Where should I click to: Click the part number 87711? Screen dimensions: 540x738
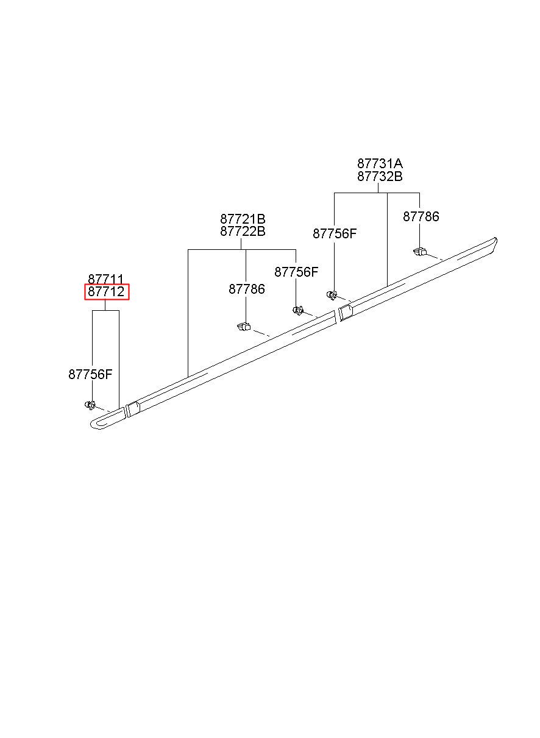point(106,279)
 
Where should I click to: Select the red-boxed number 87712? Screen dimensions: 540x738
point(106,291)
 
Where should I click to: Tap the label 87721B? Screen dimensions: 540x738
point(243,219)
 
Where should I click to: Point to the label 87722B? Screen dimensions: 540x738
point(243,232)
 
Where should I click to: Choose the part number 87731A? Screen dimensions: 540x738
point(380,164)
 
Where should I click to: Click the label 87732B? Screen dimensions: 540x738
point(380,177)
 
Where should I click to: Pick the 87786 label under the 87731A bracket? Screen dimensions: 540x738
point(421,216)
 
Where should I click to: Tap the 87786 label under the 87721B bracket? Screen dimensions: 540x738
point(247,289)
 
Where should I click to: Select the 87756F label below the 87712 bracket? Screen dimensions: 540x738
point(90,374)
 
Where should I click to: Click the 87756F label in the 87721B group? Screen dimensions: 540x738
point(296,272)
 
